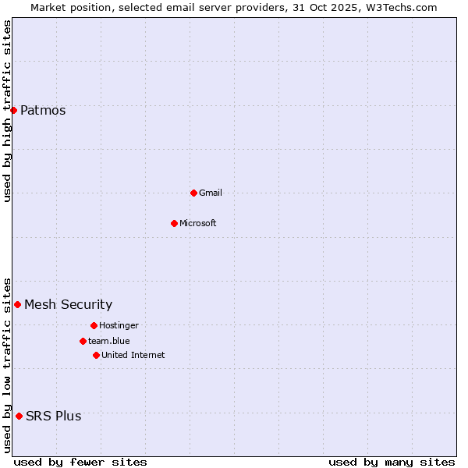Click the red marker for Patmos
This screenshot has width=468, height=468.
[13, 110]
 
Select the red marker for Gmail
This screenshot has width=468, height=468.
[193, 193]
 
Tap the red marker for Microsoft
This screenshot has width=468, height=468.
[174, 223]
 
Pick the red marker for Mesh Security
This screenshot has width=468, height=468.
[17, 304]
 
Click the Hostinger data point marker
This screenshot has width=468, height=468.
[94, 325]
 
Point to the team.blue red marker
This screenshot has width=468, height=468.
[83, 341]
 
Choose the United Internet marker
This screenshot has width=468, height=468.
[96, 355]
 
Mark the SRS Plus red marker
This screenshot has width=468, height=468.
[19, 416]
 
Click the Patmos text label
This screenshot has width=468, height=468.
[43, 110]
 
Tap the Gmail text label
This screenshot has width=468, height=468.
[211, 193]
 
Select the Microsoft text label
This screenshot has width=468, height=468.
[198, 223]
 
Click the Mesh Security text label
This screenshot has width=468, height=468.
[68, 304]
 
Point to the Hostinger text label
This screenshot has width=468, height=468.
[119, 325]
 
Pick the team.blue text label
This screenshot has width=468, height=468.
[109, 341]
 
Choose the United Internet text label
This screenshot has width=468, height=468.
[133, 355]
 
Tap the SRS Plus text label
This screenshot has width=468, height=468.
[53, 416]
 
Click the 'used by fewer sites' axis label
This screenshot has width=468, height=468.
[80, 462]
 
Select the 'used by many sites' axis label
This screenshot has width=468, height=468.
[392, 462]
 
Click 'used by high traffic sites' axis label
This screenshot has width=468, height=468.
[7, 111]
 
